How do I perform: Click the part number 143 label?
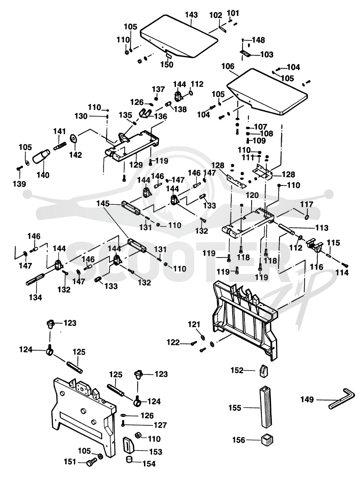(x=191, y=15)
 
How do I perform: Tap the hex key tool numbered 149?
(x=342, y=398)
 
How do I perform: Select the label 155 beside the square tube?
(x=235, y=408)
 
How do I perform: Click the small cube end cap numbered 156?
(x=267, y=440)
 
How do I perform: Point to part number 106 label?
(x=228, y=66)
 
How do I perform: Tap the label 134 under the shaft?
(x=36, y=297)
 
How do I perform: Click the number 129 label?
(x=136, y=165)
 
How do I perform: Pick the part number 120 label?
(x=252, y=195)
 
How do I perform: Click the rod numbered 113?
(x=286, y=229)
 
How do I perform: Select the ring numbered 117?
(x=307, y=217)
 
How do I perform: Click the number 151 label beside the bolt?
(x=70, y=462)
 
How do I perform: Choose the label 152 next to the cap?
(x=238, y=370)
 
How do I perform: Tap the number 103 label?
(x=267, y=54)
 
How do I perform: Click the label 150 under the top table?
(x=167, y=65)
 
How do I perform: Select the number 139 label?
(x=19, y=184)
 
